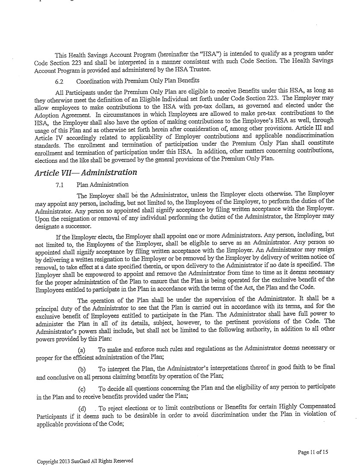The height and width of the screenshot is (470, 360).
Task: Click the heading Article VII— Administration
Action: click(x=86, y=173)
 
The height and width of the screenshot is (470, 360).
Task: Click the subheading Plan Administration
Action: click(x=102, y=185)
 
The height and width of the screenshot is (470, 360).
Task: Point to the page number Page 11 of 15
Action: click(x=313, y=452)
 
